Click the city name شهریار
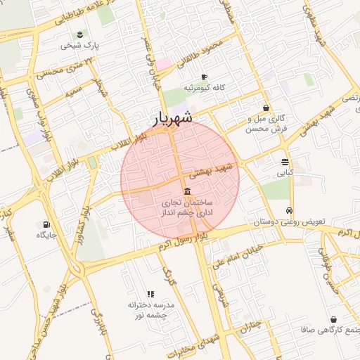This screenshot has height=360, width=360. point(172,118)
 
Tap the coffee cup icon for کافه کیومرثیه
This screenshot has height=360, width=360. point(204,77)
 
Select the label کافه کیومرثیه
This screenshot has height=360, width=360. point(204,88)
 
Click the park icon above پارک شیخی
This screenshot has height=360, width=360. point(79,34)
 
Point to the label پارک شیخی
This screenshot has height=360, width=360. point(79,46)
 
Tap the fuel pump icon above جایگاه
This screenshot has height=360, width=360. point(46,224)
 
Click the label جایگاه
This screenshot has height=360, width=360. point(46,236)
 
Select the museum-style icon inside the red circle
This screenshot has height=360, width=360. point(187,192)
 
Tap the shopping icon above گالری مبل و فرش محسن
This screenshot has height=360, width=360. point(266,108)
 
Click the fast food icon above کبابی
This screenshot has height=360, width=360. point(285,161)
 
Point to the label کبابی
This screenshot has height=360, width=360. point(285,172)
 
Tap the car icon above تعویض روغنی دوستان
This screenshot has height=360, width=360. point(289,211)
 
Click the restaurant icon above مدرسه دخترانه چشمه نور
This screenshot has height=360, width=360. point(150,294)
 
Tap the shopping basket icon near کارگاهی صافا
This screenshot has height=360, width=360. point(333,319)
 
